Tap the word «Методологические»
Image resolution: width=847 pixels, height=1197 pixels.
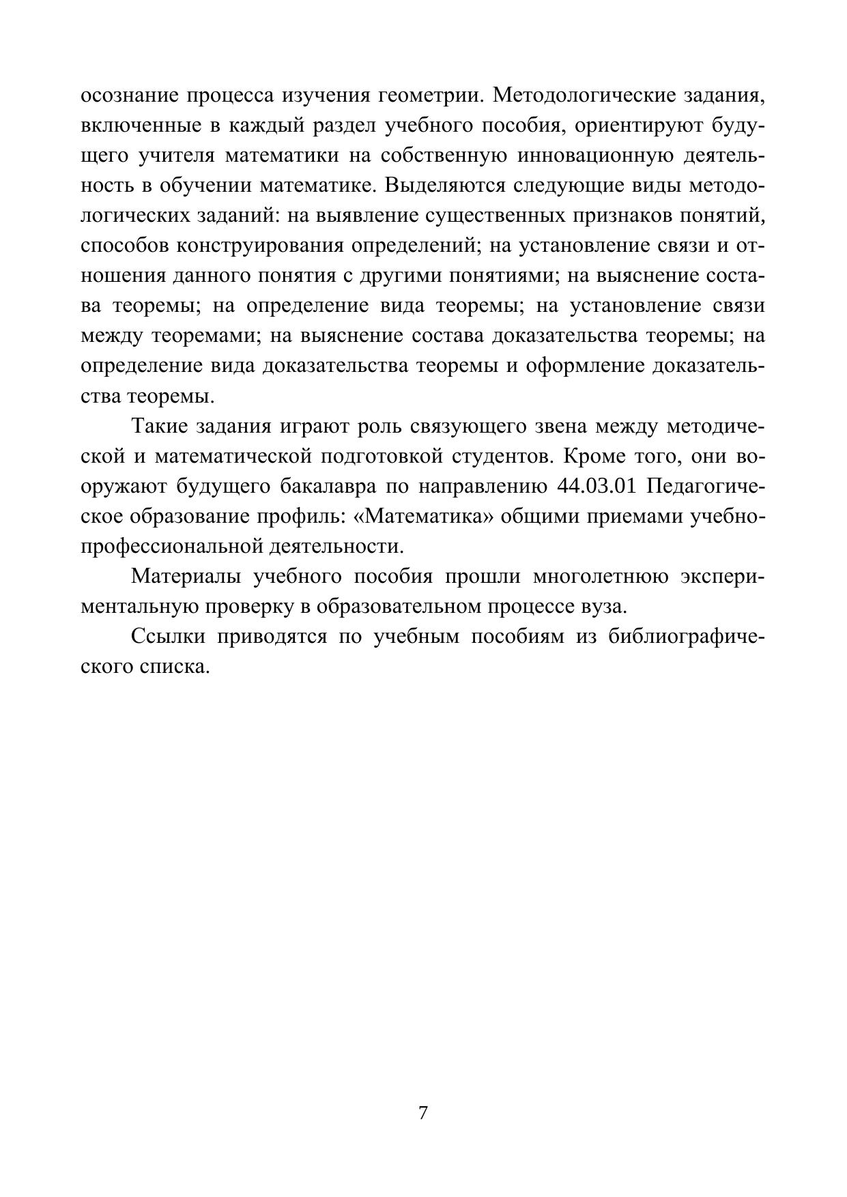click(583, 96)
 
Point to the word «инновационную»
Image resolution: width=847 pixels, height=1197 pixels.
click(593, 156)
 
